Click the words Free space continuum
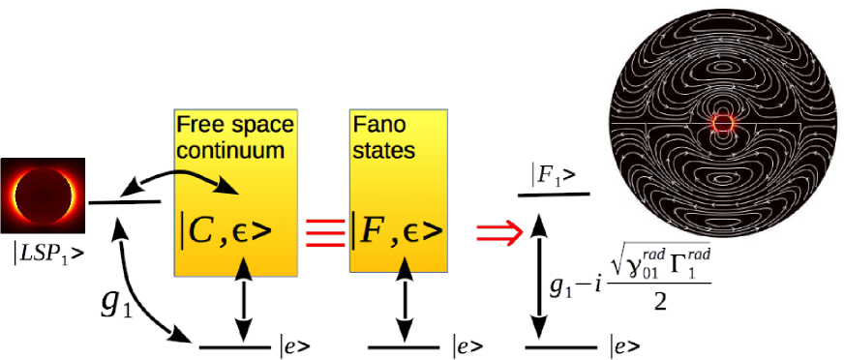[234, 137]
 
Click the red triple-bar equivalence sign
[322, 230]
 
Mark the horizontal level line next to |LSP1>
[124, 202]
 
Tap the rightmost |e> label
[624, 345]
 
